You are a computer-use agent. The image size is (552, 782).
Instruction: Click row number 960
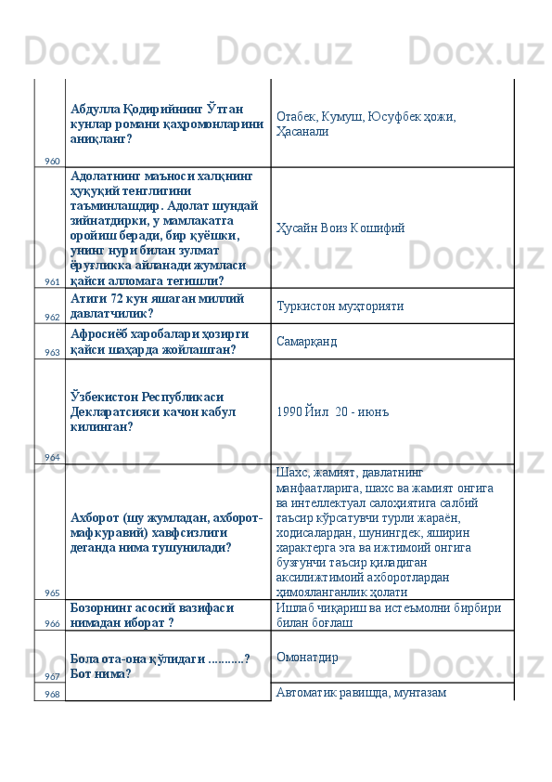pos(51,161)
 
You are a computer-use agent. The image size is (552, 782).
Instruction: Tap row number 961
pos(51,281)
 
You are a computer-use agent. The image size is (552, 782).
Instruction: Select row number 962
pos(51,317)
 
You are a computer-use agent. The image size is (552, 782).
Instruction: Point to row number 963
pos(51,352)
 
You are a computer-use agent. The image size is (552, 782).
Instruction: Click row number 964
pos(51,457)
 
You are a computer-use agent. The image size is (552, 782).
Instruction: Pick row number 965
pos(51,593)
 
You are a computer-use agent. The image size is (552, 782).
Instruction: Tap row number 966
pos(51,623)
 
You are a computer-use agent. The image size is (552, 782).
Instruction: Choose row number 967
pos(51,676)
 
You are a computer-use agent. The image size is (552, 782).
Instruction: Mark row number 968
pos(51,694)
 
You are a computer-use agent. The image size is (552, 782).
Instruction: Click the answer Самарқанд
pos(306,342)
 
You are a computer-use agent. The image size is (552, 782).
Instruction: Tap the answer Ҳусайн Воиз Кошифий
pos(340,228)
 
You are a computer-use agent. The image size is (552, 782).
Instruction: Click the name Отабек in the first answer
pos(296,117)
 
